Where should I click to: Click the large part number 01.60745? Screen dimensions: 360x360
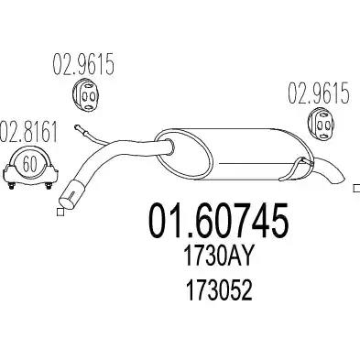point(218,220)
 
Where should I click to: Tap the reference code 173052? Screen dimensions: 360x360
point(219,289)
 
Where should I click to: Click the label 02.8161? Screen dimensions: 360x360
point(28,133)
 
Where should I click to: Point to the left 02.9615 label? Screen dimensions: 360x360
point(83,64)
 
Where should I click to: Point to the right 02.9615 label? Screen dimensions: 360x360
point(319,93)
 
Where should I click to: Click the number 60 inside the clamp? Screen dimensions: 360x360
point(29,164)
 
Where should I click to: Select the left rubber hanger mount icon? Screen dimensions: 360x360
point(85,95)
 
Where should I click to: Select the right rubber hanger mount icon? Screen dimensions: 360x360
point(321,125)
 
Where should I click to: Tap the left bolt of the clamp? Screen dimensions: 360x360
point(11,185)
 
